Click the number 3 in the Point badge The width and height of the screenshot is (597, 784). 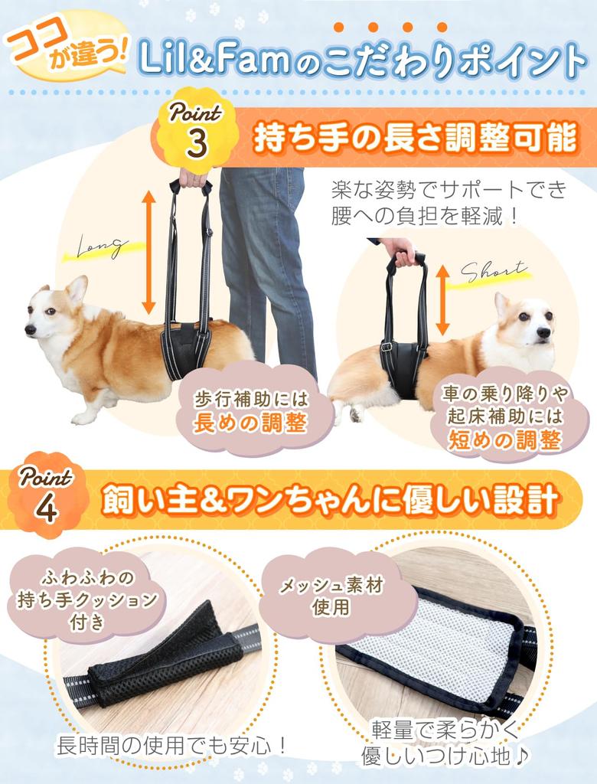click(x=197, y=142)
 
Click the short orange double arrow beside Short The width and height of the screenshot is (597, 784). click(x=442, y=301)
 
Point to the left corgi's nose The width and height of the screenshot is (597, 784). click(x=30, y=329)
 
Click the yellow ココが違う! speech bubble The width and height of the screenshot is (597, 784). click(x=67, y=53)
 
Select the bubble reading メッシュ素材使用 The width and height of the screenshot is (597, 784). click(x=331, y=597)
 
